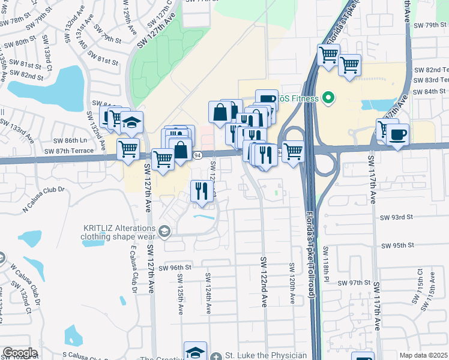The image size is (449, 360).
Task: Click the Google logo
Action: point(20,353)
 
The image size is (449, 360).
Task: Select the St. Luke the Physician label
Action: point(265,355)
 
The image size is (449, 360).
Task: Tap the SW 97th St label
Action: point(352,282)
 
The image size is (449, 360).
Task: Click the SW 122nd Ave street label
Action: point(263,282)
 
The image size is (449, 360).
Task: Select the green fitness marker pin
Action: point(328,97)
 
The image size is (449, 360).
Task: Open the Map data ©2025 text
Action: point(423,355)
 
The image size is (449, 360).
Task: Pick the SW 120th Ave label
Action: point(292,283)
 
